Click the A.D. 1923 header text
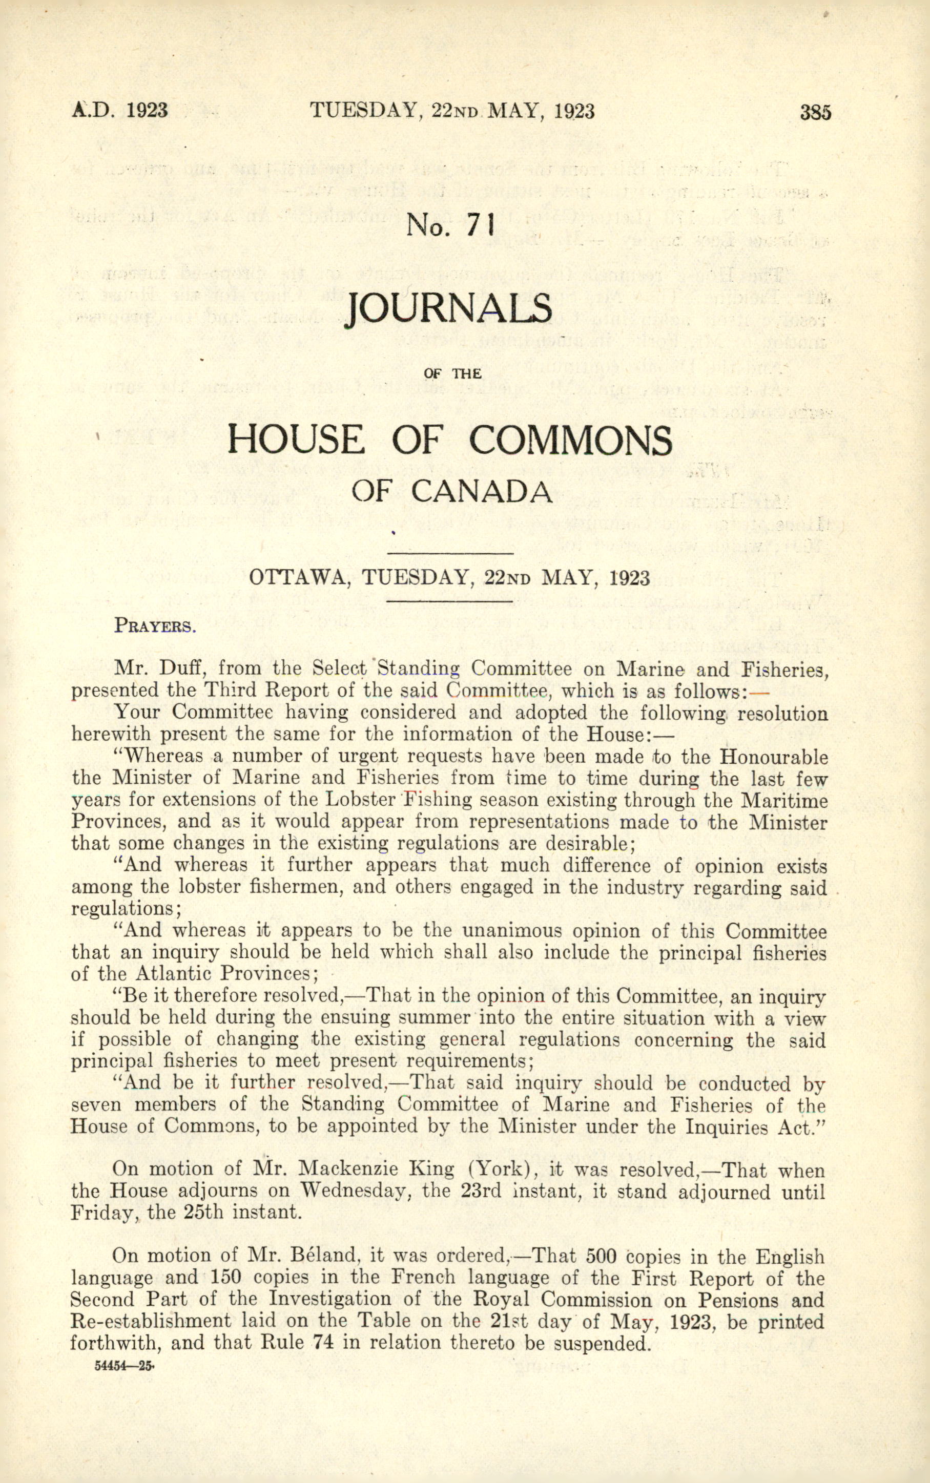(x=119, y=111)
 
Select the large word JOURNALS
(x=448, y=309)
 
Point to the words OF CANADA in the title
(x=451, y=491)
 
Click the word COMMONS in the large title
(x=570, y=440)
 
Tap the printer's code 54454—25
(x=123, y=1363)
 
